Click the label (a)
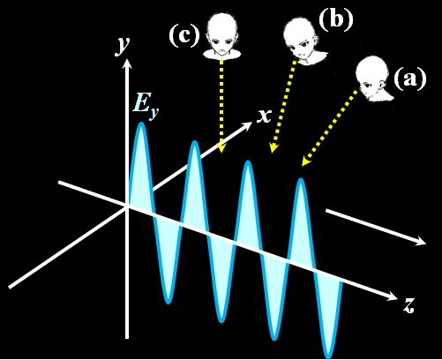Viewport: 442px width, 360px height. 410,79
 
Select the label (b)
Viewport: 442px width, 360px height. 336,19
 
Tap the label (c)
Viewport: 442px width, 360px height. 184,35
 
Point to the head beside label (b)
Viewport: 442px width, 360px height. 304,41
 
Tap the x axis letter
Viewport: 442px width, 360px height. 264,116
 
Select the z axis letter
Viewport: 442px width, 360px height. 408,305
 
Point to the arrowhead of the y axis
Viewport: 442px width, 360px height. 127,64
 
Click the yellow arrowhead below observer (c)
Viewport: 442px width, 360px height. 221,148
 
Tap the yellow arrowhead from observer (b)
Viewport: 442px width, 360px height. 273,148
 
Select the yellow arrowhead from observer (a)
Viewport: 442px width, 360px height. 306,162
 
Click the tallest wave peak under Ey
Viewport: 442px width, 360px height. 141,124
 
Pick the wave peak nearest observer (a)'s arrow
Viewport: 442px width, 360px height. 301,181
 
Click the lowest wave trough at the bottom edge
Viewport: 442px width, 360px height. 328,356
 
